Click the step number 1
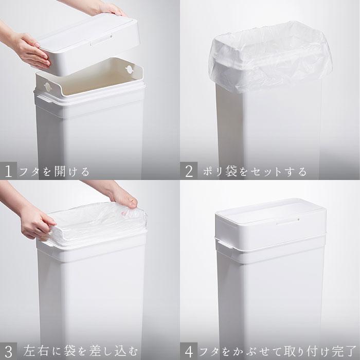[x=9, y=171]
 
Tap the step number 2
[x=189, y=171]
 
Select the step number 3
[x=9, y=351]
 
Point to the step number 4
[x=189, y=351]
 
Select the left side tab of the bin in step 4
[x=221, y=246]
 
